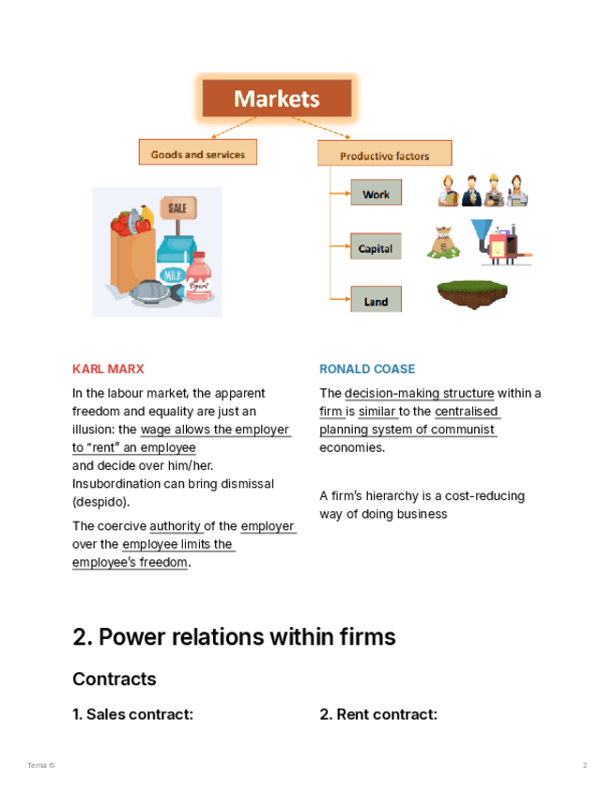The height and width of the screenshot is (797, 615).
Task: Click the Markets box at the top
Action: coord(277,99)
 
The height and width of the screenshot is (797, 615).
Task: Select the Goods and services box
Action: coord(197,154)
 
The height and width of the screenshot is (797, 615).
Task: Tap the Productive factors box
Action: coord(384,155)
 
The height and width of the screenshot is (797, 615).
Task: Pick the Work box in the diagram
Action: coord(376,195)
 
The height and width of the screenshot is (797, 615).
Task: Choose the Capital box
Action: coord(376,249)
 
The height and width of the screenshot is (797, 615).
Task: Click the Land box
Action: coord(376,302)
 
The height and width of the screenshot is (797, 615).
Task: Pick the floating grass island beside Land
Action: coord(472,293)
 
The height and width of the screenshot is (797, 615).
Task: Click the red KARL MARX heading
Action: coord(108,369)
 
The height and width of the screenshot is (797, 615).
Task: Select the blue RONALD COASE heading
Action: coord(367,369)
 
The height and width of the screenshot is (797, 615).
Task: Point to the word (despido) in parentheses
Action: coord(101,502)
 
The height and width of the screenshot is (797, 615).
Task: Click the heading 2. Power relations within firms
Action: coord(234,637)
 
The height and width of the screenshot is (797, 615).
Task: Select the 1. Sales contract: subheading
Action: coord(132,714)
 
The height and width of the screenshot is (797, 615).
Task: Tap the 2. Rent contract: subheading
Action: coord(378,714)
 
